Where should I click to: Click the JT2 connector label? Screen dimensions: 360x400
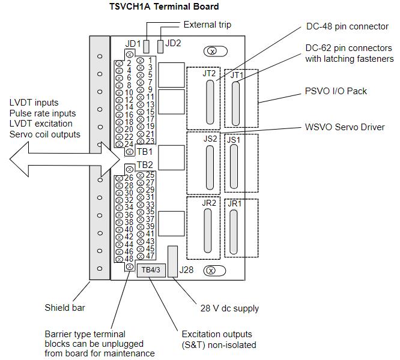tap(209, 74)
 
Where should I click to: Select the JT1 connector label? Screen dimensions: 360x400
tap(237, 75)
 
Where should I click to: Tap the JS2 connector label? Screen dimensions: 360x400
tap(210, 139)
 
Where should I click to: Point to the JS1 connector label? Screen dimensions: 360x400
tap(234, 139)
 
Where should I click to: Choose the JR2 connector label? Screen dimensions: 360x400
tap(209, 203)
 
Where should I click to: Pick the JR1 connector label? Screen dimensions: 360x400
tap(234, 203)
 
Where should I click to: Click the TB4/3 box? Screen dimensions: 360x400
tap(149, 270)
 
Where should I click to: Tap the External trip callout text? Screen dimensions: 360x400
tap(207, 25)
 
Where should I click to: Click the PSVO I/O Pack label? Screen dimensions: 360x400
tap(336, 91)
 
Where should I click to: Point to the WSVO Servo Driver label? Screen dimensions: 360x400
tap(345, 127)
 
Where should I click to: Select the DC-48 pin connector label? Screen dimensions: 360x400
tap(347, 26)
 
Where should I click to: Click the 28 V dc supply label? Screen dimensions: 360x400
tap(229, 308)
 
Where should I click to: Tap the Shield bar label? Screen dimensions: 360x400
tap(65, 308)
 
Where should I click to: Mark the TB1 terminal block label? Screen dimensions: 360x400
tap(145, 152)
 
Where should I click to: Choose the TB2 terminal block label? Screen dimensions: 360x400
tap(145, 164)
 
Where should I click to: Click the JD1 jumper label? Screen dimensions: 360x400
tap(133, 44)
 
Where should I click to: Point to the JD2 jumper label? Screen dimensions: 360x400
tap(172, 43)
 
